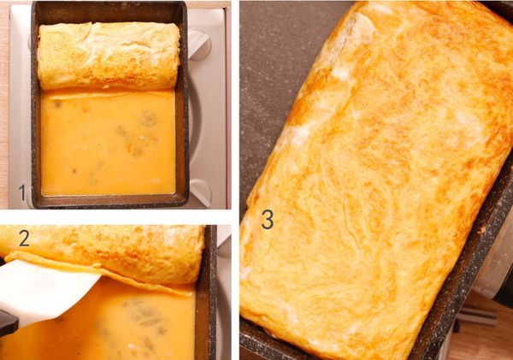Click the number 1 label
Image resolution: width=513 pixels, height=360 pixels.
pos(22,192)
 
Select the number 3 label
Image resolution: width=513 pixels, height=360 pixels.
pos(268,219)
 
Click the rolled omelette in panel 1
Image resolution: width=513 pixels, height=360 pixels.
pos(109,55)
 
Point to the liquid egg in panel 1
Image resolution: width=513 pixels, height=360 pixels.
pos(108,143)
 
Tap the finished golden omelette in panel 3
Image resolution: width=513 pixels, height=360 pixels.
pos(376,180)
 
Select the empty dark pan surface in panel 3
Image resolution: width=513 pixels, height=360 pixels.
pos(274,82)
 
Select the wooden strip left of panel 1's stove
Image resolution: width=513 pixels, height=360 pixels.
pos(4,104)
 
